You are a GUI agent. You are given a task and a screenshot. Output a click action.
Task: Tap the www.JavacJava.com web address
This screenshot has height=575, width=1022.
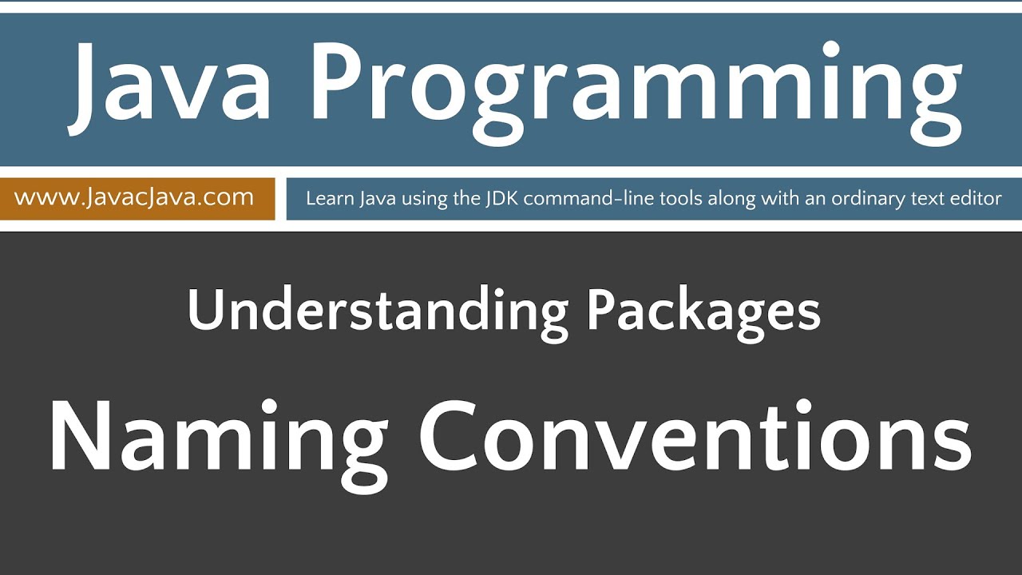pos(134,197)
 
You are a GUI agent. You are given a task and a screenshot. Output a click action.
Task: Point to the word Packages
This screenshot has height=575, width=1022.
pos(703,313)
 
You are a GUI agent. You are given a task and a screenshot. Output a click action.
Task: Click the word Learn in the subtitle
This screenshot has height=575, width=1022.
pos(325,199)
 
